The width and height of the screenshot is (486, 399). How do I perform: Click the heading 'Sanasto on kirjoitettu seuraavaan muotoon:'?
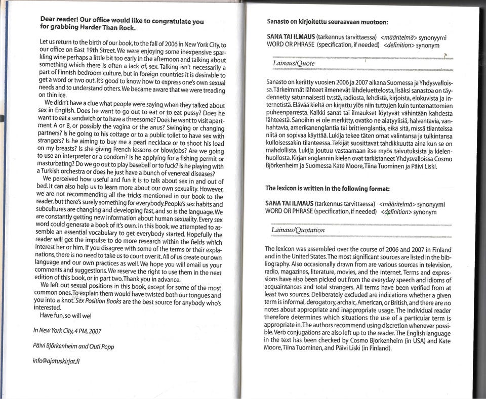(327, 22)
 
